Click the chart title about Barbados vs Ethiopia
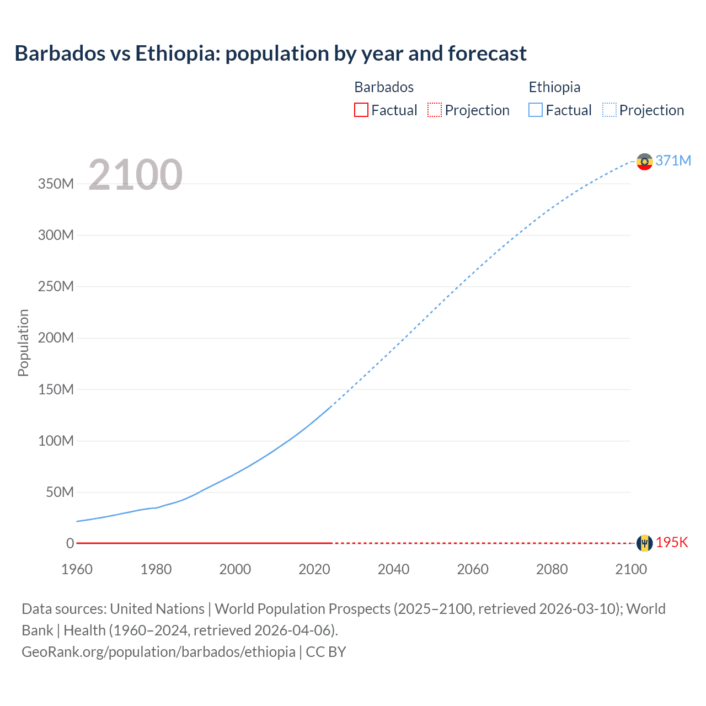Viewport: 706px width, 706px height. pyautogui.click(x=270, y=54)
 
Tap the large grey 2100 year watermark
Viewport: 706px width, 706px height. pyautogui.click(x=135, y=175)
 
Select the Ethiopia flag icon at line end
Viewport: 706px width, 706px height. pyautogui.click(x=644, y=162)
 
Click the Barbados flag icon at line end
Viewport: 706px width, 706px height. pyautogui.click(x=644, y=543)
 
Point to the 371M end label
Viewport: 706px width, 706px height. pyautogui.click(x=673, y=161)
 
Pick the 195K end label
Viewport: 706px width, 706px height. pyautogui.click(x=672, y=543)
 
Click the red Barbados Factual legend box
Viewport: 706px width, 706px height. pyautogui.click(x=361, y=110)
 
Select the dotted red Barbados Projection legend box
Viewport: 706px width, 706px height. pyautogui.click(x=435, y=110)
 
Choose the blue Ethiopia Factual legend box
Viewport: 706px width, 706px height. pyautogui.click(x=536, y=110)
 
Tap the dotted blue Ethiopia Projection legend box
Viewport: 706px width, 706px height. pyautogui.click(x=609, y=110)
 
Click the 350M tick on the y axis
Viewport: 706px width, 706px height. pyautogui.click(x=56, y=184)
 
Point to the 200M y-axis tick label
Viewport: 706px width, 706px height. pyautogui.click(x=56, y=338)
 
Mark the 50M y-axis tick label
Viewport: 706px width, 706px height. pyautogui.click(x=60, y=493)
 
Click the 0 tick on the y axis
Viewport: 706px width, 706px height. pyautogui.click(x=70, y=544)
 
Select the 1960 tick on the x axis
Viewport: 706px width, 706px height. pyautogui.click(x=77, y=569)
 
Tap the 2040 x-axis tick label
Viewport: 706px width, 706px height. pyautogui.click(x=393, y=569)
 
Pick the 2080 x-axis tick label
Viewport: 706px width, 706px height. pyautogui.click(x=552, y=569)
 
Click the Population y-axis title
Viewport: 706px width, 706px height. pyautogui.click(x=23, y=343)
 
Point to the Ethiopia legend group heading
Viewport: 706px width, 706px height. pyautogui.click(x=554, y=87)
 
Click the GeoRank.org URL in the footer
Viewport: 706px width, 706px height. pyautogui.click(x=158, y=652)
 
